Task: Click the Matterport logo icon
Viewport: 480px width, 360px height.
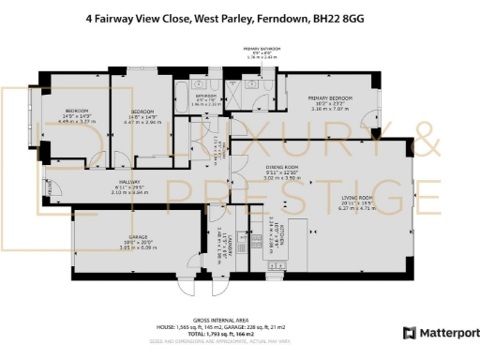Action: pos(409,333)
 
